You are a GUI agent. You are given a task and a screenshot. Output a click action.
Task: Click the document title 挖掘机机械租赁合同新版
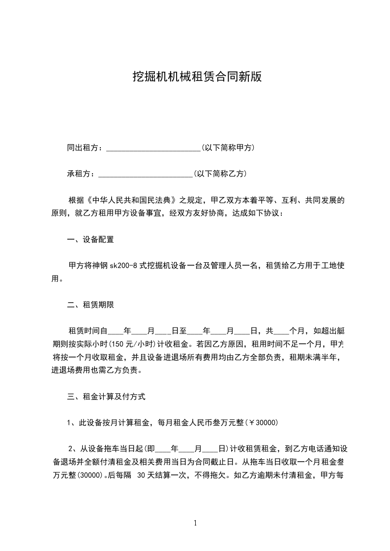(197, 77)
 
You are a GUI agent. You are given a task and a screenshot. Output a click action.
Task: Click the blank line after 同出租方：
(153, 148)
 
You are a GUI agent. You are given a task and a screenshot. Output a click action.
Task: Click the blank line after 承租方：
(146, 174)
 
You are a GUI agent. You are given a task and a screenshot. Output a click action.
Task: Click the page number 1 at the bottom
(195, 523)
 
